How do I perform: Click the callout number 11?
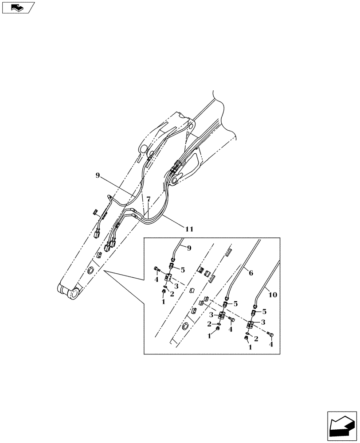[189, 229]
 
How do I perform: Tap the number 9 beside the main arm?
[97, 176]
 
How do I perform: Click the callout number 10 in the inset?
[273, 294]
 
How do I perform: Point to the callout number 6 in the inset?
[250, 274]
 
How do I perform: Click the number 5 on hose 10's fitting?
[265, 311]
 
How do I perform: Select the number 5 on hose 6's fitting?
[236, 303]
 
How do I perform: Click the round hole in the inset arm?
[186, 327]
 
